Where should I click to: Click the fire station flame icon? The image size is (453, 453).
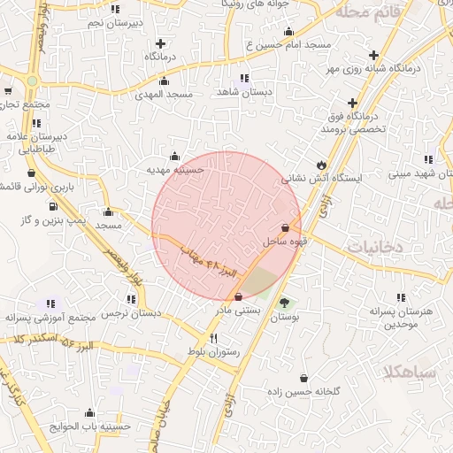(x=321, y=165)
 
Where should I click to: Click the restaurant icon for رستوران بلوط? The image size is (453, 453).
(x=212, y=339)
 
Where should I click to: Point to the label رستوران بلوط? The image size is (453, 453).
(x=212, y=352)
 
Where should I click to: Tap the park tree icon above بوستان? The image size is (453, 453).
(x=283, y=303)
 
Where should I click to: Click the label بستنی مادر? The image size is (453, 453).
(x=237, y=311)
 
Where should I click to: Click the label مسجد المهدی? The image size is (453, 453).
(x=165, y=94)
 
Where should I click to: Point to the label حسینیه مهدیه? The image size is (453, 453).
(x=176, y=169)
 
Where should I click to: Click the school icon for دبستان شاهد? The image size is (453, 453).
(x=243, y=78)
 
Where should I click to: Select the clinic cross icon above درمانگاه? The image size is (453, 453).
(x=159, y=42)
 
